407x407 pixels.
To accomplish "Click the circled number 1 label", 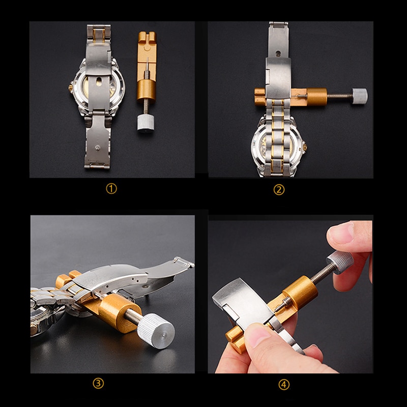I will point(111,189).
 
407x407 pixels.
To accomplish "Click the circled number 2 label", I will point(279,190).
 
